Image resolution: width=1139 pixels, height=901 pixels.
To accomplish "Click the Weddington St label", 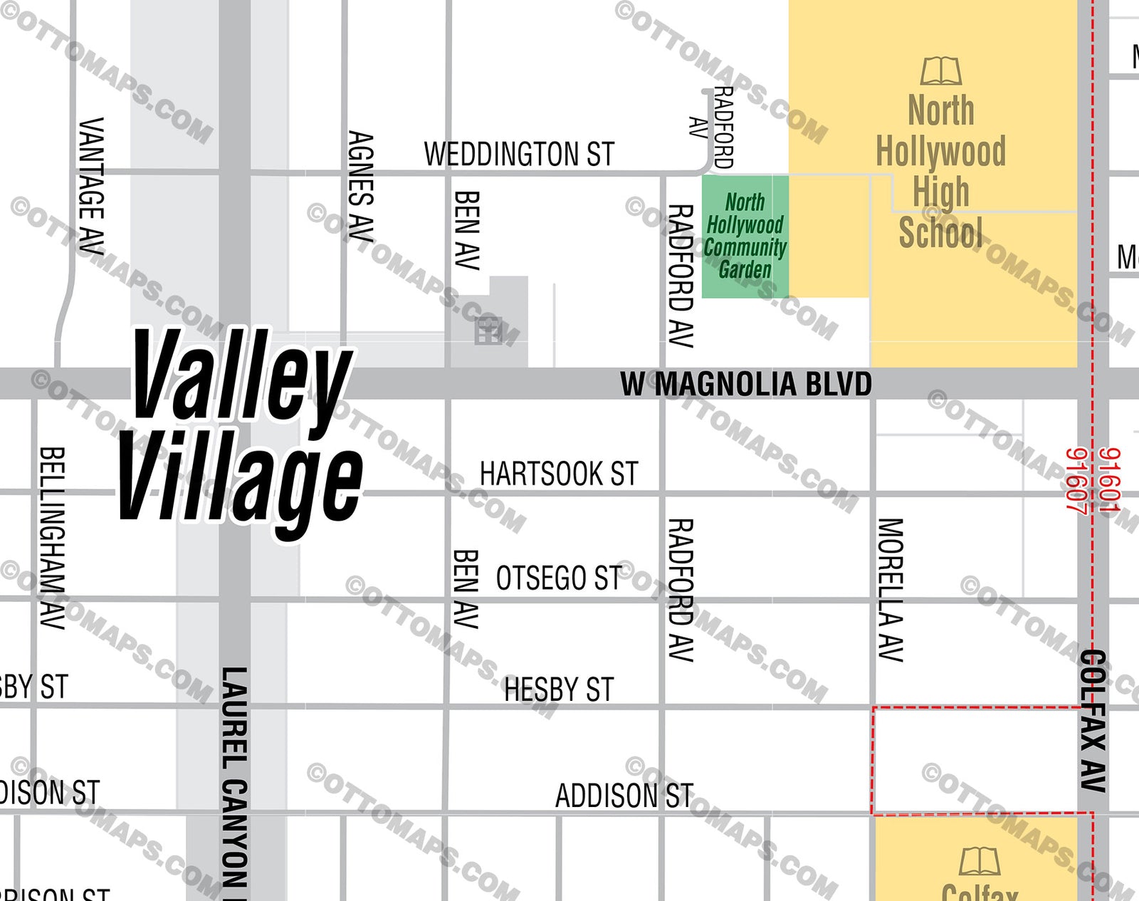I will (x=519, y=155).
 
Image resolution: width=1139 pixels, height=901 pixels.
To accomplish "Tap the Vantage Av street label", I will (x=91, y=187).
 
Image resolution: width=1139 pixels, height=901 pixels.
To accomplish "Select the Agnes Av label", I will (x=361, y=187).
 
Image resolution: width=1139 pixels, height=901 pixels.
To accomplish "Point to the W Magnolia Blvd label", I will (x=745, y=385).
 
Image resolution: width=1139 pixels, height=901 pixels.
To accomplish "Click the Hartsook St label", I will (x=559, y=474).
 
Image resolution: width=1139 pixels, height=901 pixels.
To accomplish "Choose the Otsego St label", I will (x=559, y=578).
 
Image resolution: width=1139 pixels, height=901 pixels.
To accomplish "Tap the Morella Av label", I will (x=890, y=590).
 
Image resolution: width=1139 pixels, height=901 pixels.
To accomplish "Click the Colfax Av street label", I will (x=1093, y=721).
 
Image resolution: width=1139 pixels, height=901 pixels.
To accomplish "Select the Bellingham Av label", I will (x=52, y=538).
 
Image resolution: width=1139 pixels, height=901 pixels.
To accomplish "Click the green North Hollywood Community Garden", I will (x=745, y=236).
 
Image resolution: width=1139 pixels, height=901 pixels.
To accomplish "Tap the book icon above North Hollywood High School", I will (x=940, y=71).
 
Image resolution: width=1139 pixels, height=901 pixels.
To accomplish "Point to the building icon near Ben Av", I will (x=488, y=331).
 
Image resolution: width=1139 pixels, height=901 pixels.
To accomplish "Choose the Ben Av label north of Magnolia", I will (x=466, y=230).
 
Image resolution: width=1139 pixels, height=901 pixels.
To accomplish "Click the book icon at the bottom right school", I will (x=979, y=861).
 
